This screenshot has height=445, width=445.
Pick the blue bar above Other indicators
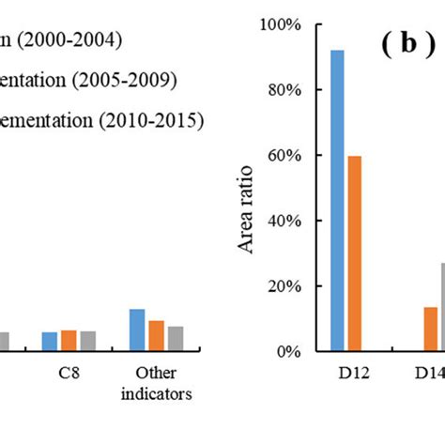coord(137,330)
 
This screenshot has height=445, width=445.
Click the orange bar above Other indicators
coord(156,335)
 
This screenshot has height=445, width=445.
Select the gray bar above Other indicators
coord(175,338)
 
